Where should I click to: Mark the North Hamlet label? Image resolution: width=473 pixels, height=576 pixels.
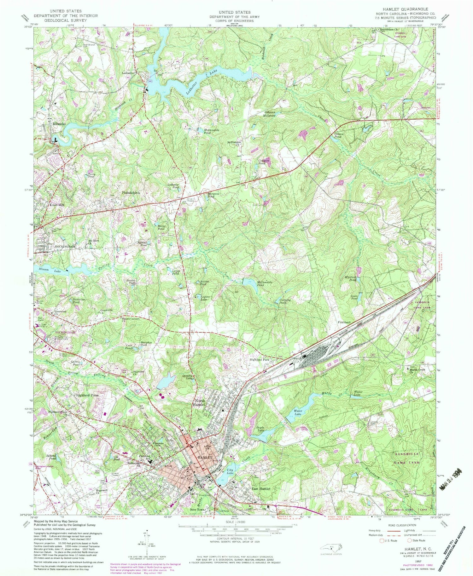(x=200, y=402)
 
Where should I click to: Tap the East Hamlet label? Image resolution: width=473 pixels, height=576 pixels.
(x=260, y=489)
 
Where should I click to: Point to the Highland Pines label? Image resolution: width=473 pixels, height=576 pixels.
(x=87, y=395)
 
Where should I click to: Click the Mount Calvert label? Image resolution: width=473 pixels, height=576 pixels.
(x=131, y=319)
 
